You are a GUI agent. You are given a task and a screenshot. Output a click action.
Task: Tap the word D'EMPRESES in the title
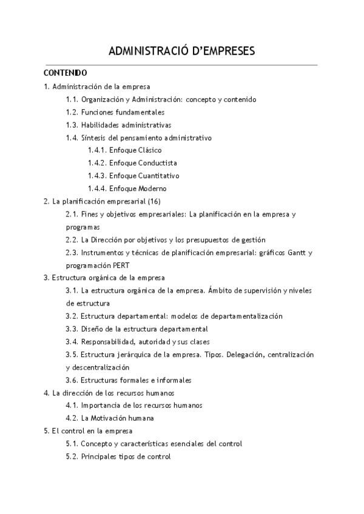tap(217, 51)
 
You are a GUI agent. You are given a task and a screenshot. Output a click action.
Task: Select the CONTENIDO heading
tap(66, 73)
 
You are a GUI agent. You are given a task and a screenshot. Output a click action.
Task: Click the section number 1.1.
tap(72, 99)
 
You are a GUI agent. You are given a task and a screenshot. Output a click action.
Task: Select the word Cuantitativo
tap(159, 176)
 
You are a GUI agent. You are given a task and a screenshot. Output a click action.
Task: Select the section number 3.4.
tap(72, 341)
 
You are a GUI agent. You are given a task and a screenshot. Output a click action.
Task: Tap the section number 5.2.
tap(72, 456)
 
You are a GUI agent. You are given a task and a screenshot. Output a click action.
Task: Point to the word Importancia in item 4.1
tap(100, 406)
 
